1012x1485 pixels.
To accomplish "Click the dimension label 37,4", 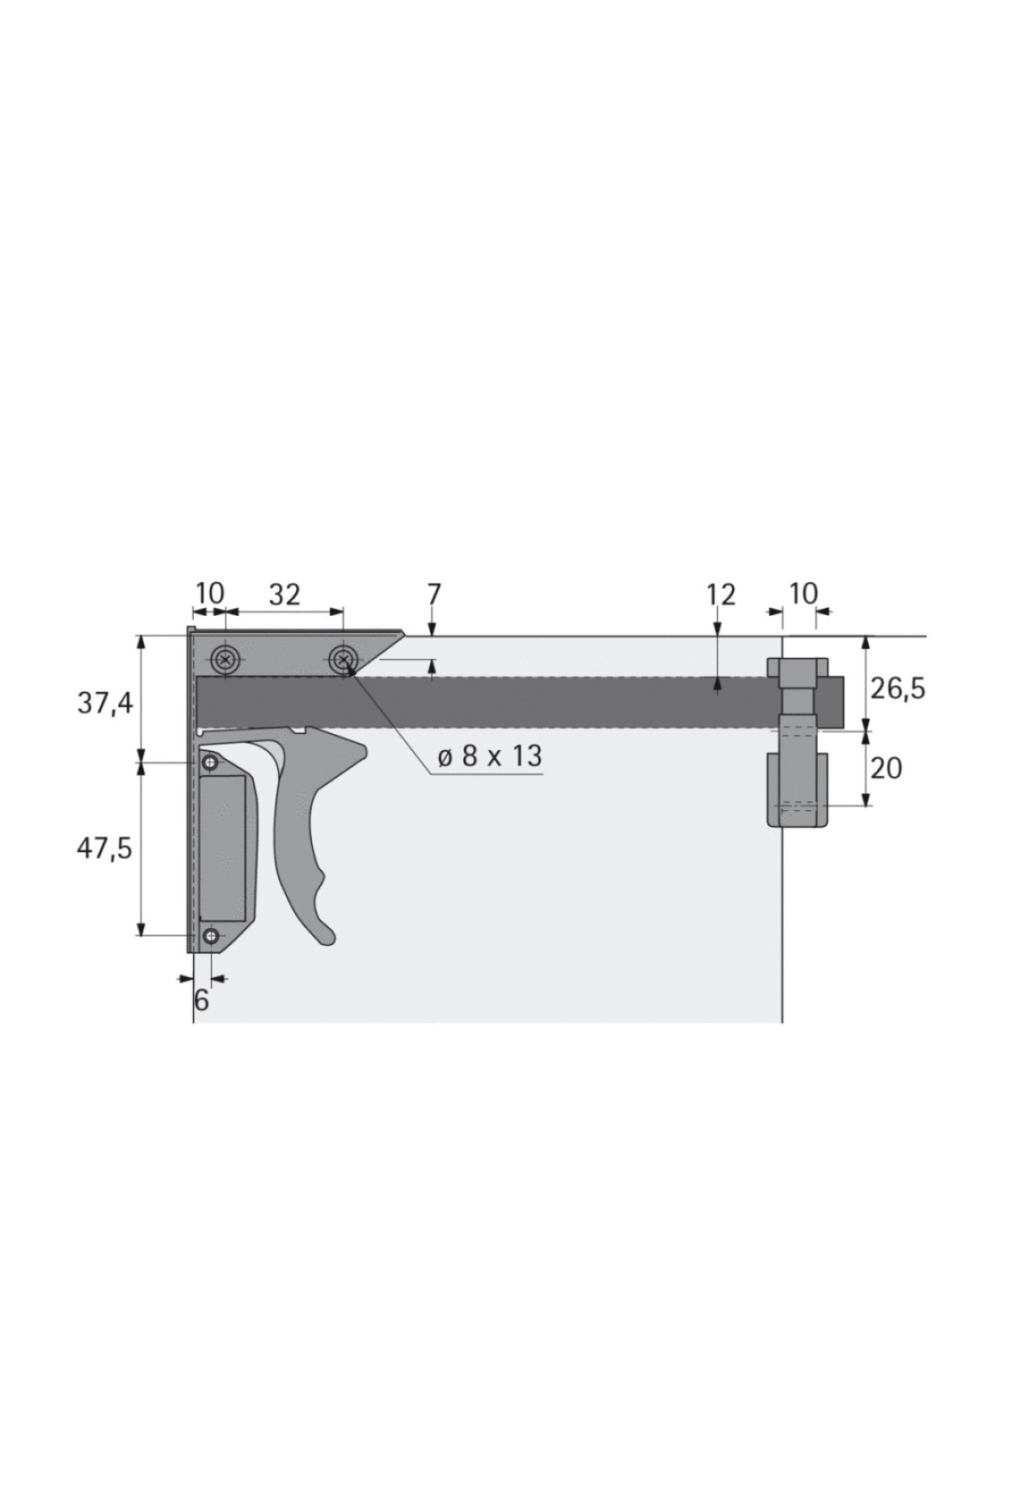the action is coord(105,702).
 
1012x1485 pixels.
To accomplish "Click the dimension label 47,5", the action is coord(105,848).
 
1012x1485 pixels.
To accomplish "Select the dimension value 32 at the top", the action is coord(284,595).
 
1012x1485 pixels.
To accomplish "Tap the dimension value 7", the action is coord(433,594).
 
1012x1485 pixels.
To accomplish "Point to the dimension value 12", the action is coord(721,595).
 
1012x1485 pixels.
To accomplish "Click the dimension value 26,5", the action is coord(898,688).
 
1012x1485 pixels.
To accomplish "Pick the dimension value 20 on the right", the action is coord(885,768).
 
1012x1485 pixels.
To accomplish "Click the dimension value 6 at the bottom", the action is coord(202,1000).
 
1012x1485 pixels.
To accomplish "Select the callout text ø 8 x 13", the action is coord(490,756).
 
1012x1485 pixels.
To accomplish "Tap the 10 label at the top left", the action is coord(210,593).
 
